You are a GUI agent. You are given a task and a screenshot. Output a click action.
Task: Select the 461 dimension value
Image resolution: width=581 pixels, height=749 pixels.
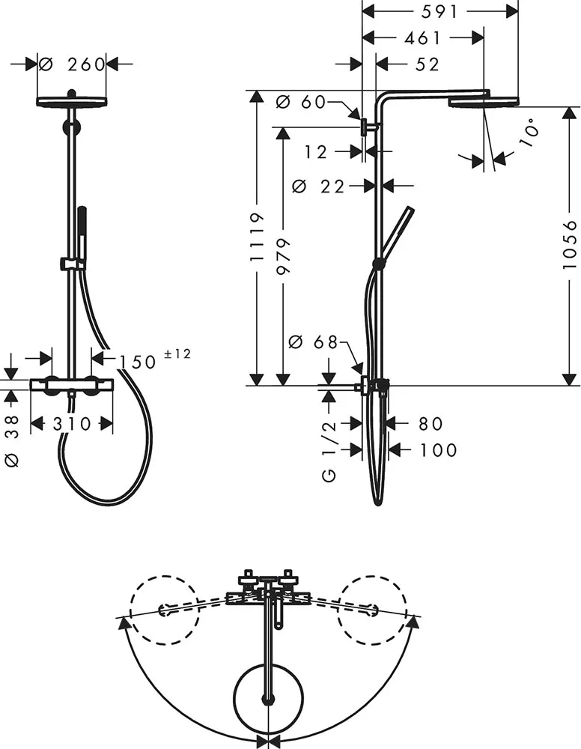pyautogui.click(x=423, y=37)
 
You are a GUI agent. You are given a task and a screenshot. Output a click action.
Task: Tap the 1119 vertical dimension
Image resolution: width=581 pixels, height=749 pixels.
pyautogui.click(x=257, y=236)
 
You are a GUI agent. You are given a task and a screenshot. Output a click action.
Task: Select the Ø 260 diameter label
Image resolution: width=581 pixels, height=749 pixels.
pyautogui.click(x=72, y=64)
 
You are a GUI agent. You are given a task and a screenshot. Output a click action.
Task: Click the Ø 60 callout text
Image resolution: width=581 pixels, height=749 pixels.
pyautogui.click(x=301, y=102)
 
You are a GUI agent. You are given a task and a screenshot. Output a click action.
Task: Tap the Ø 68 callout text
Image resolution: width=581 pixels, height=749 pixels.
pyautogui.click(x=314, y=342)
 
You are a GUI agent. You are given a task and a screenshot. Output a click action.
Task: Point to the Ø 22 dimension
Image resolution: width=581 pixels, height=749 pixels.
pyautogui.click(x=318, y=186)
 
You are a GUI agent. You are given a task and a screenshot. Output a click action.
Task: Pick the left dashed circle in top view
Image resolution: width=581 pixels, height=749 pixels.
pyautogui.click(x=163, y=610)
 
